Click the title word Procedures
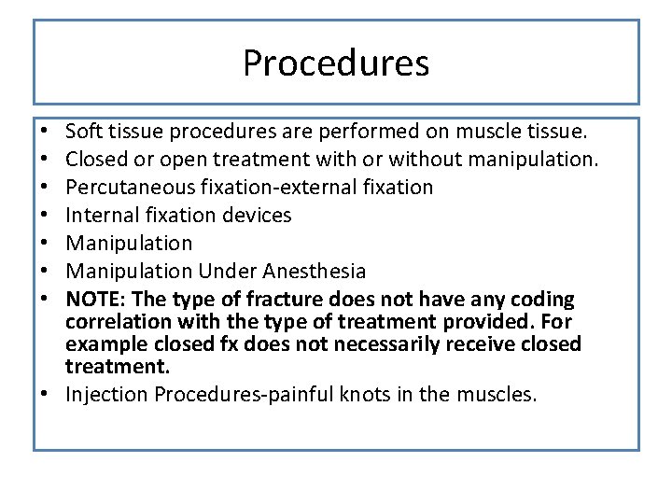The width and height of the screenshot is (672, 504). tap(336, 63)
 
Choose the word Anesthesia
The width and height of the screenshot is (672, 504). tap(314, 271)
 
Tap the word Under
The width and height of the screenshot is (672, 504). tap(227, 271)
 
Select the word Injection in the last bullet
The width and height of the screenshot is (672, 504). tap(106, 394)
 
